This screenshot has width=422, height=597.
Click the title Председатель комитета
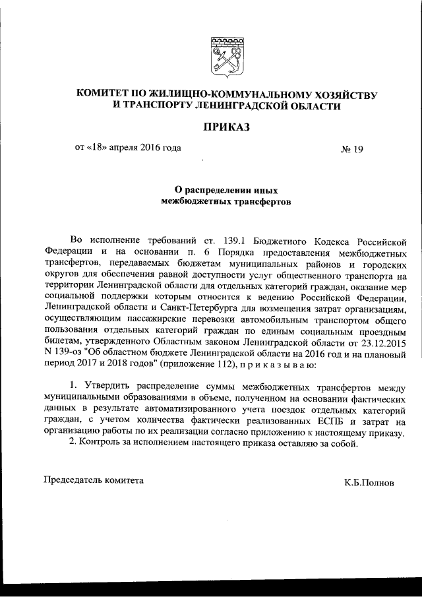coord(93,481)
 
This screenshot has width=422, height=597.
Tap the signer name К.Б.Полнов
coord(369,482)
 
